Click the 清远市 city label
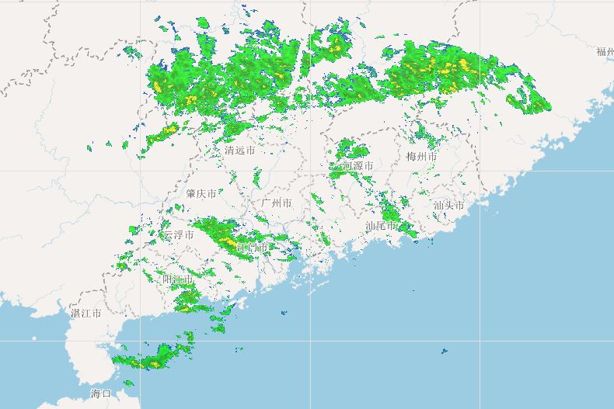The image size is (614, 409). point(239,151)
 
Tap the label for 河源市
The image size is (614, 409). point(357,166)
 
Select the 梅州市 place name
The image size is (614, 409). point(421,157)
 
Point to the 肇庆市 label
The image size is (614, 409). point(201,193)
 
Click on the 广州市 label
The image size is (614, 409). point(277,203)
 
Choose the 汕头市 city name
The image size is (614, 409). point(448,206)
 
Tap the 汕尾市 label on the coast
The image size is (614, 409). point(381,226)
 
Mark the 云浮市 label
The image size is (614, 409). point(178,234)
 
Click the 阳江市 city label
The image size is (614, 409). point(178,278)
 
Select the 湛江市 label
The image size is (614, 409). point(85,314)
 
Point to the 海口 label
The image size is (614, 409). point(101,394)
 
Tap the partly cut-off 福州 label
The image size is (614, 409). point(605,52)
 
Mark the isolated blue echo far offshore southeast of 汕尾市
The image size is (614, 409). point(445,352)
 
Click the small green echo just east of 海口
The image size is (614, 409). point(128,383)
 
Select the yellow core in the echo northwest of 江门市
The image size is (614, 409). point(228,242)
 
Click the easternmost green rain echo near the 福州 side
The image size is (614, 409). point(536,102)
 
